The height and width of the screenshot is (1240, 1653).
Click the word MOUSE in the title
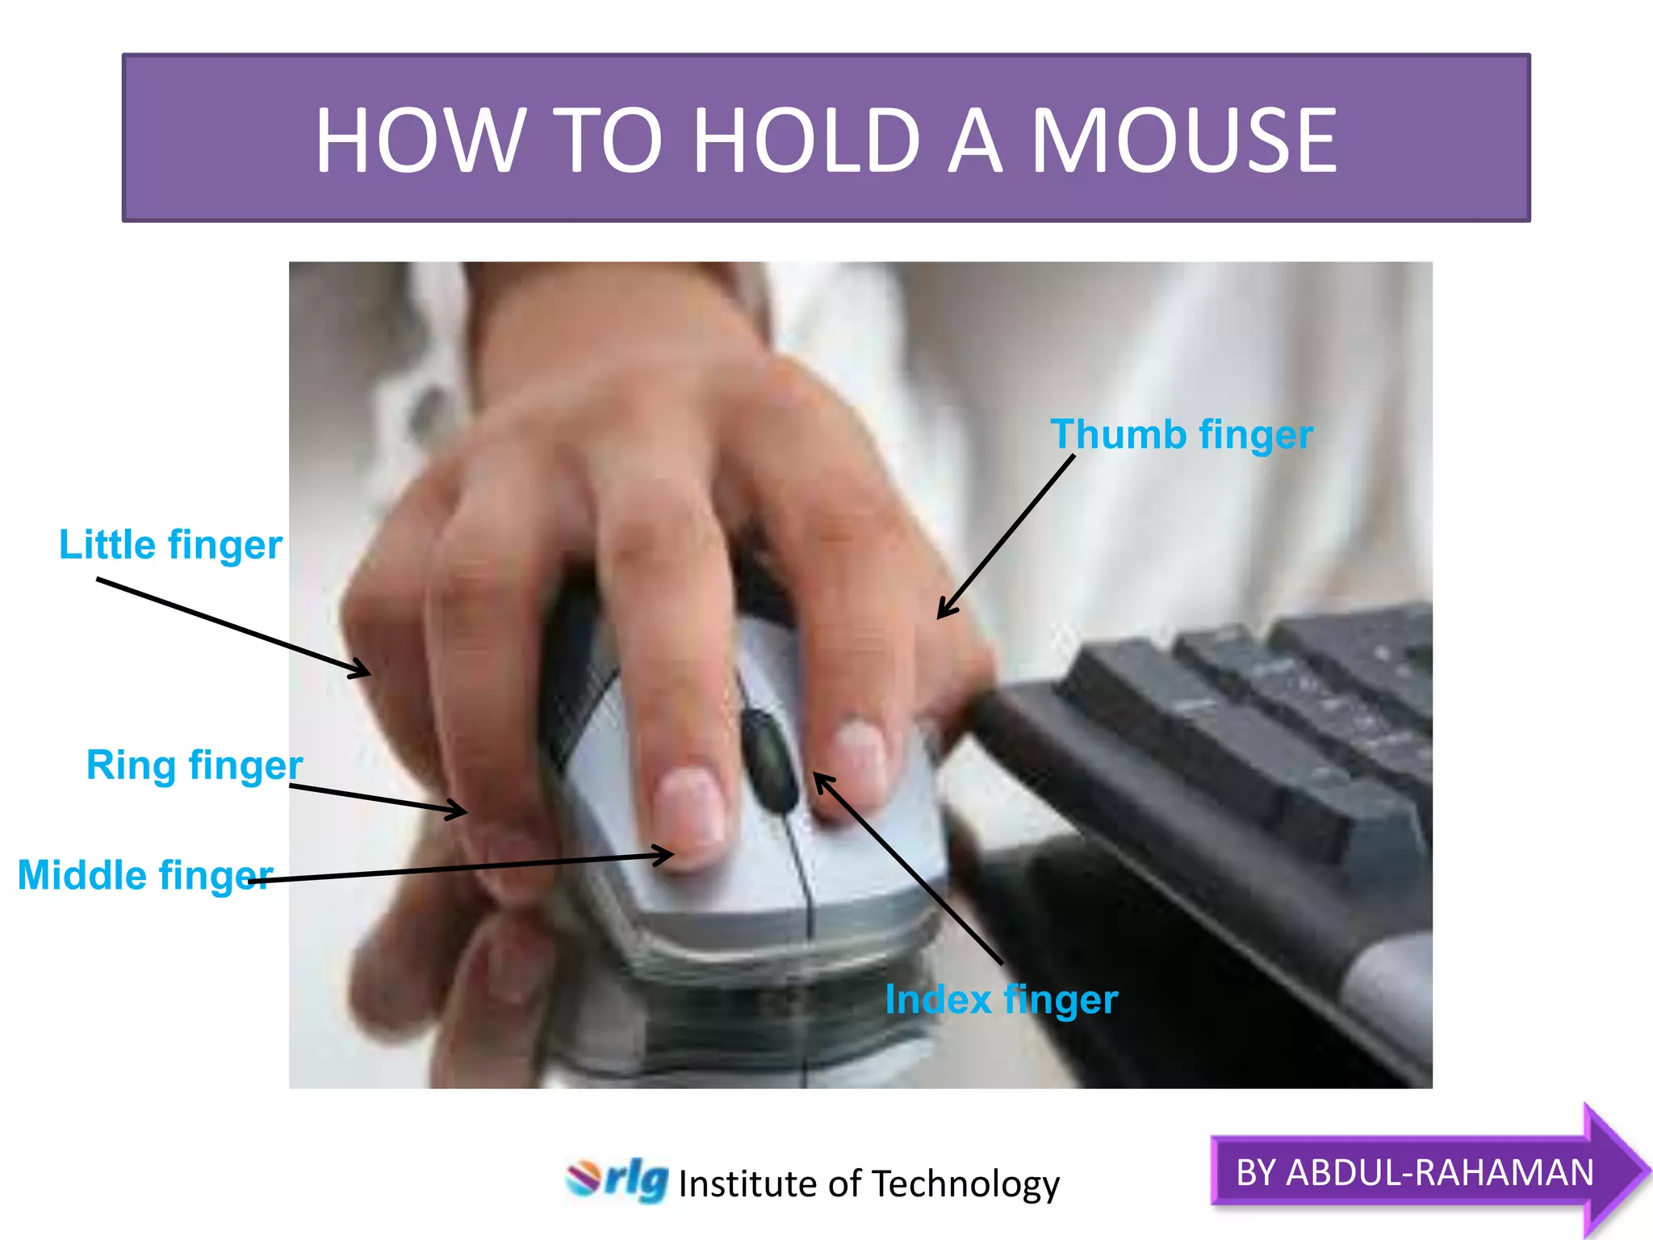pyautogui.click(x=1184, y=141)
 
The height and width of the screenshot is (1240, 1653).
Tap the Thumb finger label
pyautogui.click(x=1181, y=435)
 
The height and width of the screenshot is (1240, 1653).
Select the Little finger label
pyautogui.click(x=170, y=545)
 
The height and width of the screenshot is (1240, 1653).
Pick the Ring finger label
pyautogui.click(x=194, y=765)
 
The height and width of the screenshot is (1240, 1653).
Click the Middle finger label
pyautogui.click(x=145, y=875)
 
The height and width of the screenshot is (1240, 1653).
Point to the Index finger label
pyautogui.click(x=1001, y=1000)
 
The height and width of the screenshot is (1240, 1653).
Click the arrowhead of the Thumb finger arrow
pyautogui.click(x=942, y=614)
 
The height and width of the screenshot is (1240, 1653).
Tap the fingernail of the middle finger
pyautogui.click(x=690, y=807)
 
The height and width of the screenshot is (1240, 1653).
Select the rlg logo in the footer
pyautogui.click(x=617, y=1180)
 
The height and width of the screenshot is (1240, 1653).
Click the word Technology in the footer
pyautogui.click(x=965, y=1184)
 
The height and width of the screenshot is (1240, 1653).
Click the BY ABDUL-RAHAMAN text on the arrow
pyautogui.click(x=1414, y=1172)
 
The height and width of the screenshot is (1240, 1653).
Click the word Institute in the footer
pyautogui.click(x=747, y=1184)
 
